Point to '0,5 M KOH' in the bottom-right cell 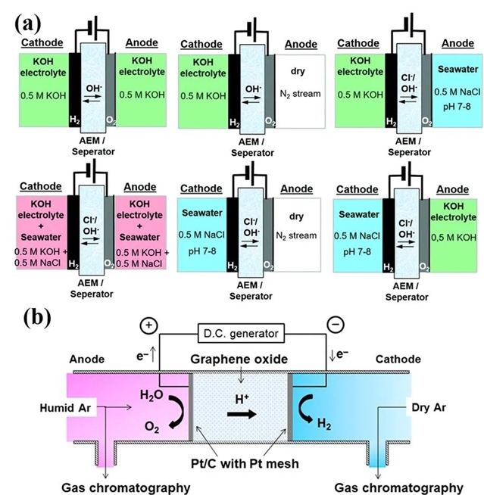pos(454,239)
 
